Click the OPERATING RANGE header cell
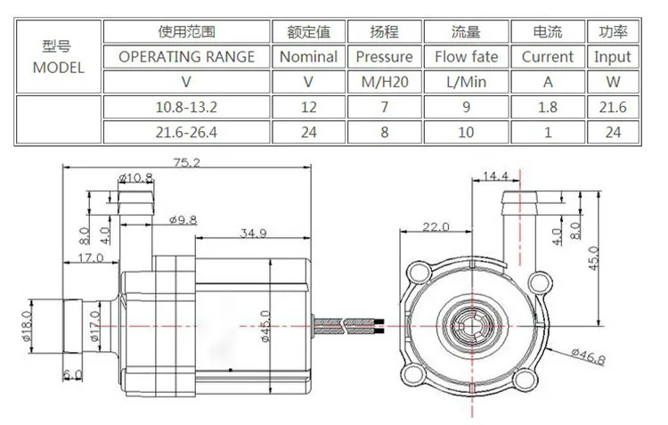pyautogui.click(x=187, y=56)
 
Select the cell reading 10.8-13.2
pyautogui.click(x=187, y=107)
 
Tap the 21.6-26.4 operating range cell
pyautogui.click(x=187, y=132)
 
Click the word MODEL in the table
pyautogui.click(x=59, y=67)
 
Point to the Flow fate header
pyautogui.click(x=466, y=56)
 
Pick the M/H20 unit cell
pyautogui.click(x=384, y=82)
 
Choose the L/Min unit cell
pyautogui.click(x=466, y=82)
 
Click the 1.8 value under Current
pyautogui.click(x=547, y=107)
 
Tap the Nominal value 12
pyautogui.click(x=308, y=107)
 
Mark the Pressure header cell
pyautogui.click(x=384, y=56)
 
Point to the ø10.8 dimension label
pyautogui.click(x=136, y=178)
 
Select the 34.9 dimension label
pyautogui.click(x=255, y=233)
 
